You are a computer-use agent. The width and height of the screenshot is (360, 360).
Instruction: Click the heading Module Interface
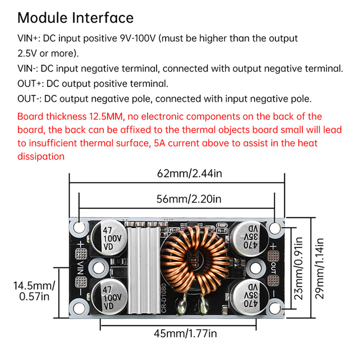pyautogui.click(x=75, y=18)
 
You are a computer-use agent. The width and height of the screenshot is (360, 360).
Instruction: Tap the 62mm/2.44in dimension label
pyautogui.click(x=189, y=174)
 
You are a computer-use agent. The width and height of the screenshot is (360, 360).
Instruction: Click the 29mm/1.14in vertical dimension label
pyautogui.click(x=320, y=268)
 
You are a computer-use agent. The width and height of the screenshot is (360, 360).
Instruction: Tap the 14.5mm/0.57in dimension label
pyautogui.click(x=34, y=291)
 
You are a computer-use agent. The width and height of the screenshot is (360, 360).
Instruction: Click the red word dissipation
pyautogui.click(x=41, y=157)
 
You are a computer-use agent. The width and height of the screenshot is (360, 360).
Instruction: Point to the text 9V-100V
pyautogui.click(x=138, y=38)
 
